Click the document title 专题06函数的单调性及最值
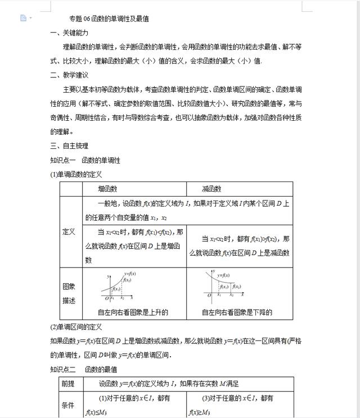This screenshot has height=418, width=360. pyautogui.click(x=109, y=19)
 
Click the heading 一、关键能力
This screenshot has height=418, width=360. pyautogui.click(x=69, y=33)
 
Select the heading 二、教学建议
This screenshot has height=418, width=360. pyautogui.click(x=69, y=75)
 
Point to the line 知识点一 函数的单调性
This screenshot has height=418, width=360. pyautogui.click(x=85, y=160)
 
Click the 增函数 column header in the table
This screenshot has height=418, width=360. pyautogui.click(x=107, y=189)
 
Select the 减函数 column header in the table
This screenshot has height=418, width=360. pyautogui.click(x=211, y=189)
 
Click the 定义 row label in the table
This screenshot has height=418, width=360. pyautogui.click(x=69, y=231)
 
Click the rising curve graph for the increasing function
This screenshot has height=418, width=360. pyautogui.click(x=119, y=287)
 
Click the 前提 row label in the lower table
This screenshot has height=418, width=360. pyautogui.click(x=69, y=384)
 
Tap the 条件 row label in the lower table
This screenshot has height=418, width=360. pyautogui.click(x=69, y=405)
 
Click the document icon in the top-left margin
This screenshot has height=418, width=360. pyautogui.click(x=23, y=18)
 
